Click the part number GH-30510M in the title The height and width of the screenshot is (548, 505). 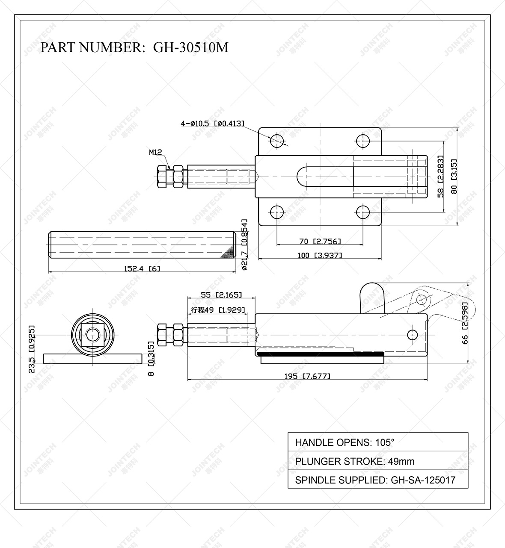click(190, 47)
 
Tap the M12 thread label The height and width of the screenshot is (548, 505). click(155, 152)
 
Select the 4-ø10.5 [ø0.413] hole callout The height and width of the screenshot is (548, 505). click(212, 124)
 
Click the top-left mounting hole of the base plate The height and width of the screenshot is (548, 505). click(277, 140)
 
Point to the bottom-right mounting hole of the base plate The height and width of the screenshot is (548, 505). click(363, 212)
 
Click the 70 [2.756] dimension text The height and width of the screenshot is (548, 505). click(320, 242)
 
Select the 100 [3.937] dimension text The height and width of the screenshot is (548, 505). click(320, 256)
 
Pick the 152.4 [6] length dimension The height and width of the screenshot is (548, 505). click(142, 268)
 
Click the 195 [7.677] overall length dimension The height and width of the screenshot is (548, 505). click(307, 376)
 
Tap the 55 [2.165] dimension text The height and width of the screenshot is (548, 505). click(221, 295)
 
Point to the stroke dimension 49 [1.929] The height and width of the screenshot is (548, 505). click(219, 310)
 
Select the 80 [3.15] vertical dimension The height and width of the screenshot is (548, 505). click(454, 176)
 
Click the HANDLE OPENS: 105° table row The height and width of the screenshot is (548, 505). click(377, 442)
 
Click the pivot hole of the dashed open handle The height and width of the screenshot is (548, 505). click(422, 298)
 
